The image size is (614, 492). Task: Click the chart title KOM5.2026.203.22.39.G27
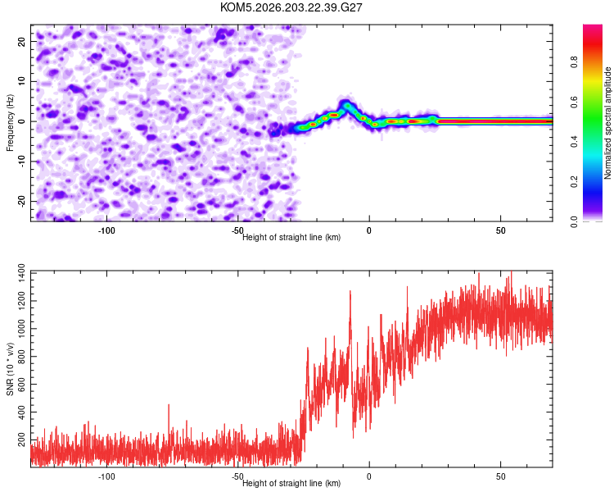point(291,7)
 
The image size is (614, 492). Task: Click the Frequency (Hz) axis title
point(10,123)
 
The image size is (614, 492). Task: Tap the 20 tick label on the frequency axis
point(21,42)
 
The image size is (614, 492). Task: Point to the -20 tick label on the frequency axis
point(21,202)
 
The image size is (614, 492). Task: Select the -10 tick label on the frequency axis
point(21,162)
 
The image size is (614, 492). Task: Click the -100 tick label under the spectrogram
point(106,230)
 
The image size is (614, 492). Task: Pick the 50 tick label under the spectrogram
point(500,230)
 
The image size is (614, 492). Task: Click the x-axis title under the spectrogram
point(291,237)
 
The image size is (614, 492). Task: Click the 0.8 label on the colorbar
point(574,62)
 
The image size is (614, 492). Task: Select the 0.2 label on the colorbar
point(574,182)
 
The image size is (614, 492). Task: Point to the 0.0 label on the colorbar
point(574,221)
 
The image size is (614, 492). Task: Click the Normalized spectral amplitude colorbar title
point(607,123)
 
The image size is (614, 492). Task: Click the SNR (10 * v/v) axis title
point(10,369)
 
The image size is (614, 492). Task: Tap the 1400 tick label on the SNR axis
point(21,273)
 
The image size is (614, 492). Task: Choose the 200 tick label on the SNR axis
point(21,440)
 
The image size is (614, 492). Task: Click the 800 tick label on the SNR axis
point(21,357)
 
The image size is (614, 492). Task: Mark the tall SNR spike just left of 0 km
point(350,291)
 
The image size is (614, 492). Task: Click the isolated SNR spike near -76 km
point(169,405)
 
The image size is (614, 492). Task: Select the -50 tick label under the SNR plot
point(237,476)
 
